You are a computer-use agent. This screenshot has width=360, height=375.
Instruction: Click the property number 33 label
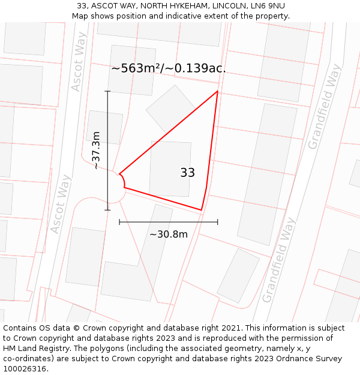tap(187, 173)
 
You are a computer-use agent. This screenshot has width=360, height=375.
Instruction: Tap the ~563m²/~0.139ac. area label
tap(168, 68)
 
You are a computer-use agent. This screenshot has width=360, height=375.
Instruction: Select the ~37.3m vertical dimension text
tap(96, 150)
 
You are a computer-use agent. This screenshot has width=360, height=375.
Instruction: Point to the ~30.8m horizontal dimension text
tap(168, 234)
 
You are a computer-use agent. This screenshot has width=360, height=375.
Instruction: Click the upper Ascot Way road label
tap(79, 62)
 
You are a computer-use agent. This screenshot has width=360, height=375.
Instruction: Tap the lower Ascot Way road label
tap(61, 204)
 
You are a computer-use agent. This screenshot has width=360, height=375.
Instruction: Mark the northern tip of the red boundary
tap(217, 92)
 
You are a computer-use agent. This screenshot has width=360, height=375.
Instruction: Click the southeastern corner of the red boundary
tap(201, 210)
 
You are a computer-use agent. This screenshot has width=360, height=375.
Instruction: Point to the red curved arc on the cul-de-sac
tap(123, 180)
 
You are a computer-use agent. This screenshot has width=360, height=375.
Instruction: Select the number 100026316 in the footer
tap(24, 369)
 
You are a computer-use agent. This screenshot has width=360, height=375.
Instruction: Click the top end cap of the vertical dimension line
tap(108, 91)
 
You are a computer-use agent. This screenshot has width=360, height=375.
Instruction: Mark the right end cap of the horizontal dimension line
tap(218, 222)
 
